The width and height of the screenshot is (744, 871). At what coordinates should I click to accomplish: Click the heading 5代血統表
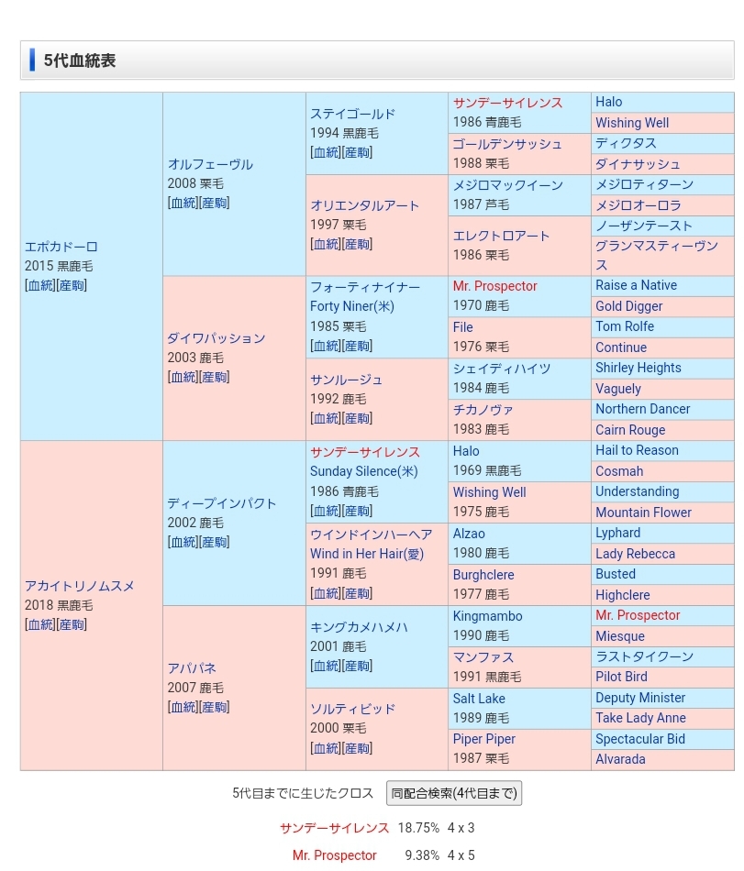tap(79, 61)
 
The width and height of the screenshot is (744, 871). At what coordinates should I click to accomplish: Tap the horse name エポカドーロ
tap(61, 247)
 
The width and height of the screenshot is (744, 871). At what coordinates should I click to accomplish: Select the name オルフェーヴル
tap(210, 164)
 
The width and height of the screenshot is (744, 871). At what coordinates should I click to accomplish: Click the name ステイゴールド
tap(352, 114)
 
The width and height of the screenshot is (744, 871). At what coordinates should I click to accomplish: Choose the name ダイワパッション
tap(216, 338)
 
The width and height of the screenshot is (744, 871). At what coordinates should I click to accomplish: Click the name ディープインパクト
tap(221, 503)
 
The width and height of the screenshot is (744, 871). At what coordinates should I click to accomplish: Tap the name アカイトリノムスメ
tap(80, 586)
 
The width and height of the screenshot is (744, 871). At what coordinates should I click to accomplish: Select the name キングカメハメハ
tap(359, 627)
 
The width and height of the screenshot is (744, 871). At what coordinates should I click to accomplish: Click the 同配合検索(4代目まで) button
tap(453, 793)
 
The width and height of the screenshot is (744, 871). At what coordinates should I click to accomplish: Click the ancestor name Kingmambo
tap(487, 616)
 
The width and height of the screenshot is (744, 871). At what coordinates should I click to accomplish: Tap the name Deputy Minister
tap(640, 698)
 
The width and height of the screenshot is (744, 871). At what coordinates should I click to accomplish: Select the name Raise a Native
tap(636, 285)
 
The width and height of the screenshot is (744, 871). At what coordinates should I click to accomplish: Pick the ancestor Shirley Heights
tap(638, 368)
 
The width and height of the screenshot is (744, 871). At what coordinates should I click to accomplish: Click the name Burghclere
tap(483, 575)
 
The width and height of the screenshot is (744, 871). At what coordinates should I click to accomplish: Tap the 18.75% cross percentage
tap(417, 828)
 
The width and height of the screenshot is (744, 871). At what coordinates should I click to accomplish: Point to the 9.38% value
tap(421, 855)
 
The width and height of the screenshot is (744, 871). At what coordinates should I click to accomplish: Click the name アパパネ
tap(192, 668)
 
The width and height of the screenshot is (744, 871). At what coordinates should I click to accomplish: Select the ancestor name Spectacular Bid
tap(639, 739)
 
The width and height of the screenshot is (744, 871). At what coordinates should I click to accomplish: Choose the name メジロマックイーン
tap(507, 184)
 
